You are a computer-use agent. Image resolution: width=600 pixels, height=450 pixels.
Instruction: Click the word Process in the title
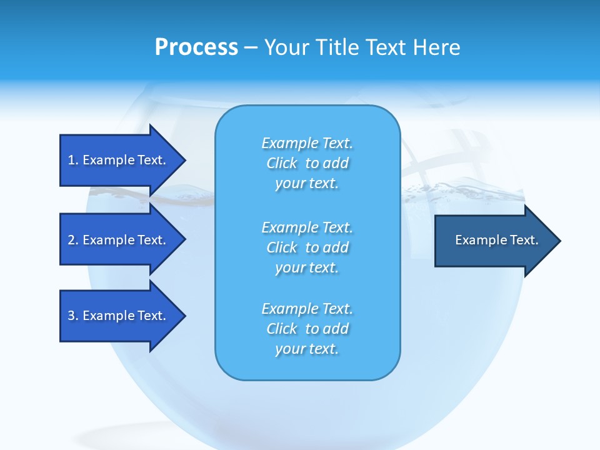point(196,47)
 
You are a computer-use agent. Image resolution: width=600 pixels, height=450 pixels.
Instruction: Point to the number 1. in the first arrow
point(73,160)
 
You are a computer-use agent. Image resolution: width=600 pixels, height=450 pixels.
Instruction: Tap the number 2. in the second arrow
point(73,240)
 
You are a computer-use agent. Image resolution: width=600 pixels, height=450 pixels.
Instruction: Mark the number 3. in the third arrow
point(73,316)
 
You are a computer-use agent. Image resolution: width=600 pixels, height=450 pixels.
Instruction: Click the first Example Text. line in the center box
point(307,143)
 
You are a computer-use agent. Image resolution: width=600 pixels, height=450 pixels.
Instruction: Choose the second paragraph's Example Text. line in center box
point(307,227)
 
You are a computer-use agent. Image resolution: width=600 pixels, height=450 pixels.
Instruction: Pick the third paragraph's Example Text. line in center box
point(307,309)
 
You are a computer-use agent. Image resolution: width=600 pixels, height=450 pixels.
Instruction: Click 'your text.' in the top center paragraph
point(307,184)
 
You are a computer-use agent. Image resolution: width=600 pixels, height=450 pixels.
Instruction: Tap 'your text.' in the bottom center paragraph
point(307,349)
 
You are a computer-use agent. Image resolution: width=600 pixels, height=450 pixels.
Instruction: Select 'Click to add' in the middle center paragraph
point(307,247)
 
